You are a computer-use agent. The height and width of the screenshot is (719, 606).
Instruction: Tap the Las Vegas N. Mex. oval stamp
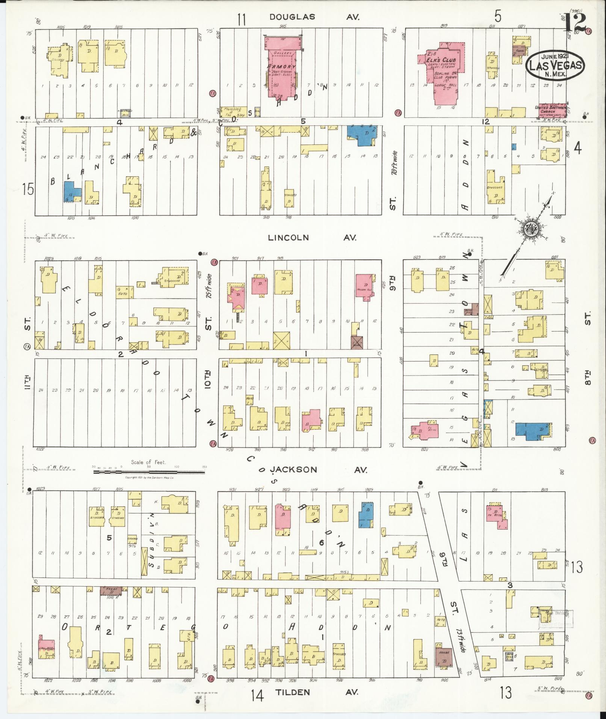(x=555, y=66)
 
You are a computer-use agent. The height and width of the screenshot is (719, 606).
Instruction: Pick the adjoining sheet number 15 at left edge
(x=27, y=189)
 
